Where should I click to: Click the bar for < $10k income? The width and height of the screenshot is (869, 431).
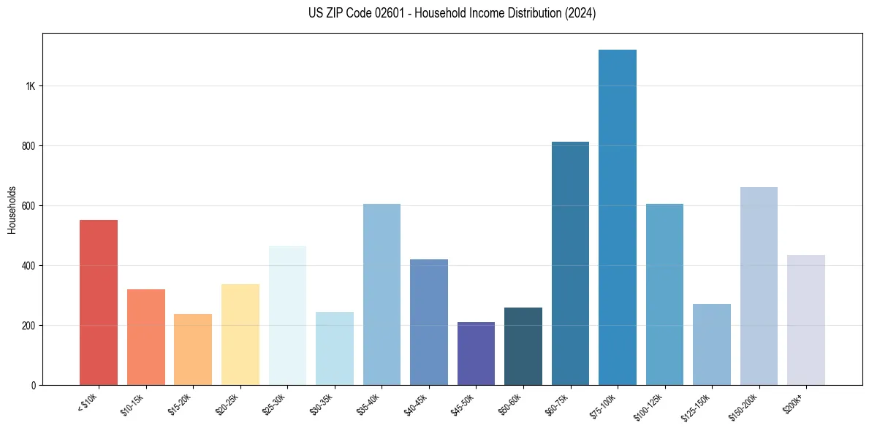coord(99,302)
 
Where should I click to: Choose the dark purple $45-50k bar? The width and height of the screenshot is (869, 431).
coord(476,354)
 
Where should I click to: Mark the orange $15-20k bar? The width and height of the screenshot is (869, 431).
coord(193,350)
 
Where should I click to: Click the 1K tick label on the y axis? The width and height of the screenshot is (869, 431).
coord(30,86)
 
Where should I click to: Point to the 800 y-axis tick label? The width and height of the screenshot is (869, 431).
coord(29,146)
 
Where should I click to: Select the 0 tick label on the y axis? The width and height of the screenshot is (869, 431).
coord(34,386)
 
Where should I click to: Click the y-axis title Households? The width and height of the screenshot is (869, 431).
coord(12,209)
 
